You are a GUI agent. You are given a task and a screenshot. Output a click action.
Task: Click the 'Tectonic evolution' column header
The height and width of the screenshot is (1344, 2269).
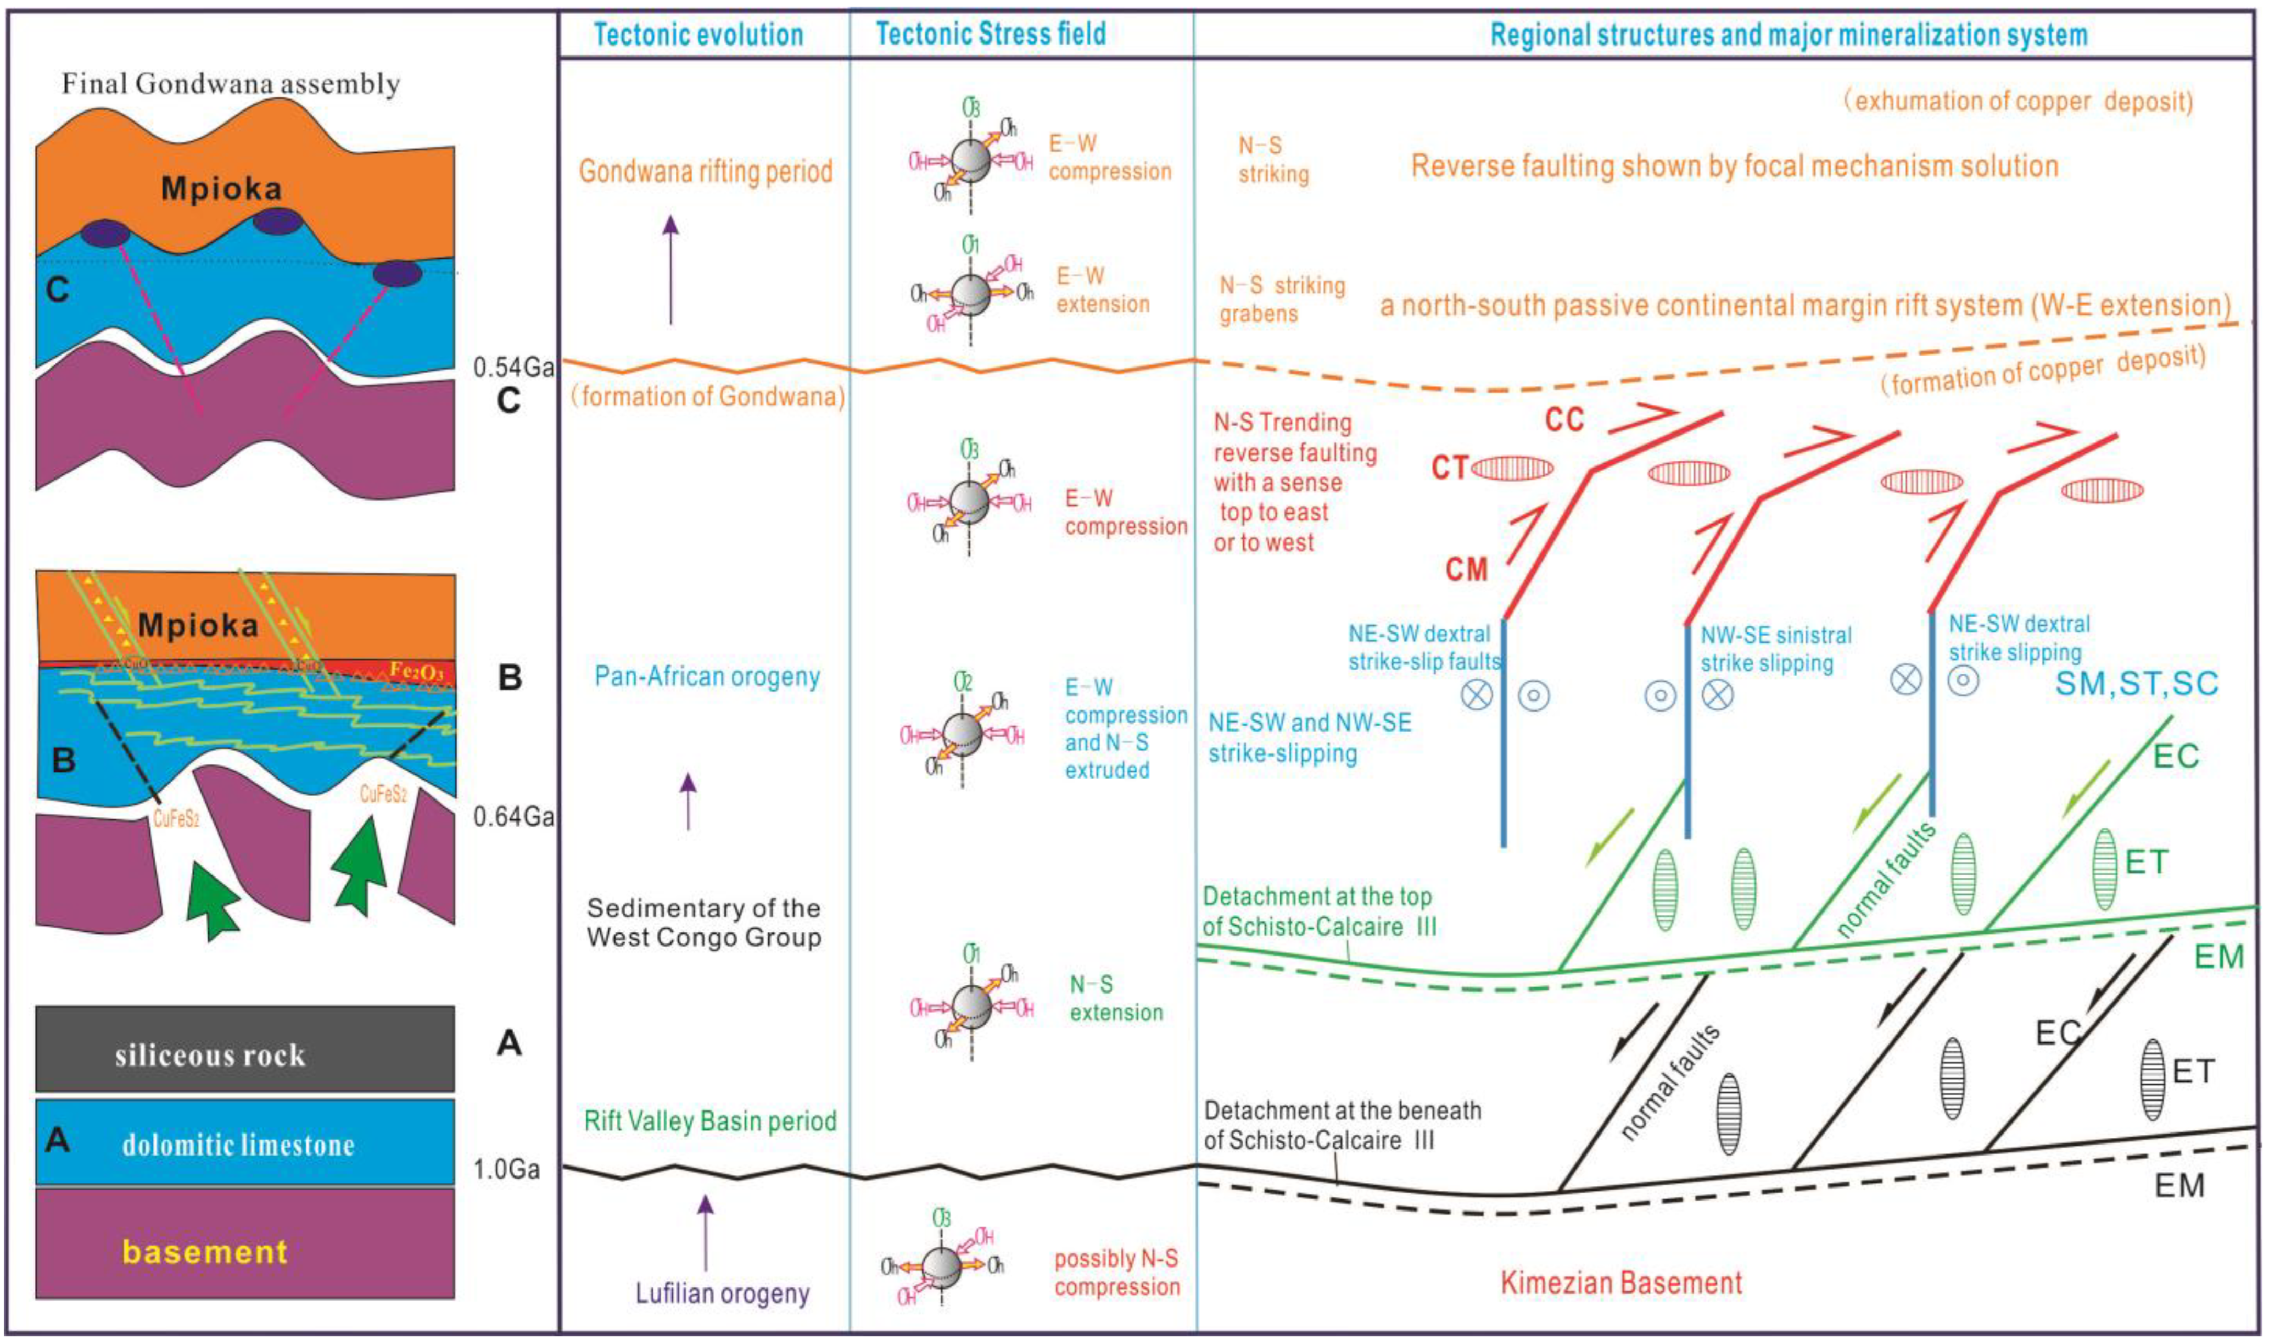click(x=698, y=35)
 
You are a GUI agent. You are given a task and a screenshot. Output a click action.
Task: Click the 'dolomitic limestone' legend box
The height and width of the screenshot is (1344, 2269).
click(x=244, y=1143)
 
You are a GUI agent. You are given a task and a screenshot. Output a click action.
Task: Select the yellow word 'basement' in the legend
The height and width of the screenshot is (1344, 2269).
click(x=206, y=1252)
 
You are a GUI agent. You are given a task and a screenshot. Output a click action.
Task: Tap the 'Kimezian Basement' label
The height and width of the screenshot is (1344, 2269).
click(x=1620, y=1283)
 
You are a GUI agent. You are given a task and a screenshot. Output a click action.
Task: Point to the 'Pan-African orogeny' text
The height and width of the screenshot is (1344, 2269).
click(x=707, y=676)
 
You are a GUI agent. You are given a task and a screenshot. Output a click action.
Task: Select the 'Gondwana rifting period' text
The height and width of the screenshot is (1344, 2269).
click(x=706, y=171)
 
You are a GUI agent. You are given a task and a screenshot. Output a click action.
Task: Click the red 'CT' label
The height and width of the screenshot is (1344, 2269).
click(x=1449, y=468)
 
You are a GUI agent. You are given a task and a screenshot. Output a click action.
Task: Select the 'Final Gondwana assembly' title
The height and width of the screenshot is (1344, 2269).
click(x=231, y=84)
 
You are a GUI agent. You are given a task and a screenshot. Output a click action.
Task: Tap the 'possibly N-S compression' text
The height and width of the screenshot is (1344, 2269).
click(x=1116, y=1272)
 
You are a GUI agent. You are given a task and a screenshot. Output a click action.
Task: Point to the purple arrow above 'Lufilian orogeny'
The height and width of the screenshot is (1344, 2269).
click(x=706, y=1232)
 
